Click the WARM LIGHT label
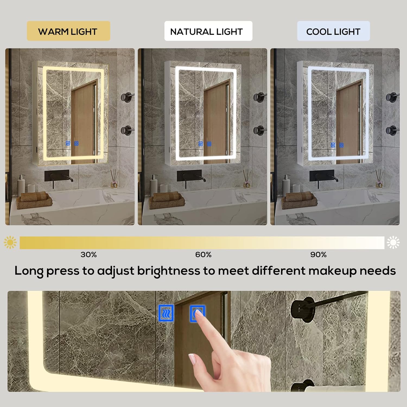point(68,31)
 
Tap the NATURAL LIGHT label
point(206,31)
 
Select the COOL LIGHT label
point(333,31)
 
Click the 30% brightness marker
point(88,255)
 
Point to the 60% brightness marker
point(203,255)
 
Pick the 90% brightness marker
point(318,255)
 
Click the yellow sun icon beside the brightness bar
point(10,242)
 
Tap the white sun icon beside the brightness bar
point(393,242)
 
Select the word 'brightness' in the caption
point(168,271)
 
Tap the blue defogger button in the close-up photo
point(166,313)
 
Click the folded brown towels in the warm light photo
point(34,200)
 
